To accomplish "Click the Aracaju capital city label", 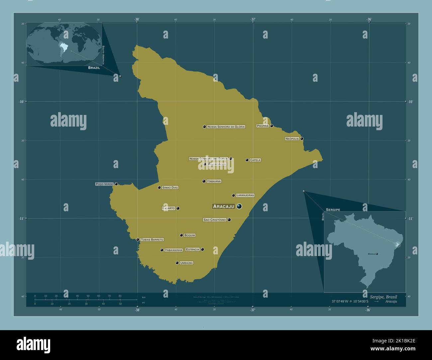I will [x=224, y=207].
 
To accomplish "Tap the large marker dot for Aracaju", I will [x=239, y=207].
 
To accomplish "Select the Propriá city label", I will [x=263, y=126].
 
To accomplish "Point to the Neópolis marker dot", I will [x=302, y=138].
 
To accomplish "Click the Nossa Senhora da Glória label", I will [x=226, y=127].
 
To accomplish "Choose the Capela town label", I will [x=255, y=160].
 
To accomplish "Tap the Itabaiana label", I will [x=214, y=181].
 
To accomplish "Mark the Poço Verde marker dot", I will [x=116, y=184].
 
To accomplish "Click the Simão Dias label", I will [x=170, y=188].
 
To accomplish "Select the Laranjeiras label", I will [x=245, y=195].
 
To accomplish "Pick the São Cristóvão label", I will [x=215, y=220].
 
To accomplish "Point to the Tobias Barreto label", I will [x=152, y=239].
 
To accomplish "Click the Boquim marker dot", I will [x=181, y=235].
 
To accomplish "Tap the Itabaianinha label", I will [x=173, y=250].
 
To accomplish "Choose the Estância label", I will [x=193, y=249].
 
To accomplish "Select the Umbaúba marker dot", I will [x=177, y=263].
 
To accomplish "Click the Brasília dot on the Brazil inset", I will [x=377, y=254].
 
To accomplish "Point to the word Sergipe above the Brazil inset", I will [x=333, y=210].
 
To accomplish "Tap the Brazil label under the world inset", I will [x=94, y=67].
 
